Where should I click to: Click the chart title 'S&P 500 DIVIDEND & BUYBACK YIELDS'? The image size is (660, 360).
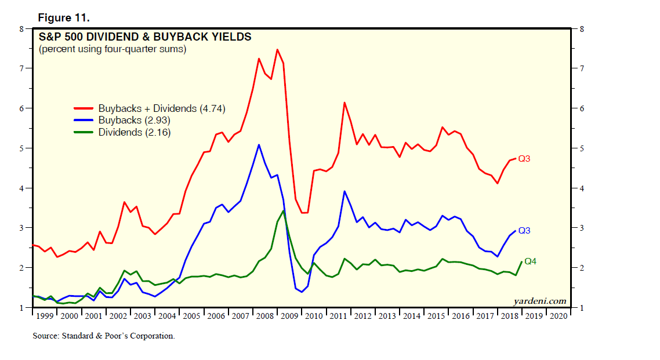pyautogui.click(x=145, y=37)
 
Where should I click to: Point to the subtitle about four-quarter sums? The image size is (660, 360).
pyautogui.click(x=112, y=49)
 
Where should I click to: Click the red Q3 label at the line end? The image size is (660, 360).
pyautogui.click(x=524, y=159)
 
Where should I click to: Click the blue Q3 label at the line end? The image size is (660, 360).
pyautogui.click(x=524, y=231)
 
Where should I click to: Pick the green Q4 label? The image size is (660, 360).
pyautogui.click(x=531, y=261)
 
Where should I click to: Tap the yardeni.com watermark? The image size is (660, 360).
pyautogui.click(x=539, y=301)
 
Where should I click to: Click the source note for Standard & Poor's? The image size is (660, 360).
pyautogui.click(x=103, y=336)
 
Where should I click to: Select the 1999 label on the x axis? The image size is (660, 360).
pyautogui.click(x=45, y=316)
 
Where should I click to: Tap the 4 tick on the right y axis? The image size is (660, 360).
pyautogui.click(x=579, y=188)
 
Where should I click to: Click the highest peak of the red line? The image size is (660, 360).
pyautogui.click(x=277, y=49)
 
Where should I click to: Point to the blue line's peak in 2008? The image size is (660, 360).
pyautogui.click(x=259, y=144)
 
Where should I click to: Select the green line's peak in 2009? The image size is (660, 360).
pyautogui.click(x=283, y=210)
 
